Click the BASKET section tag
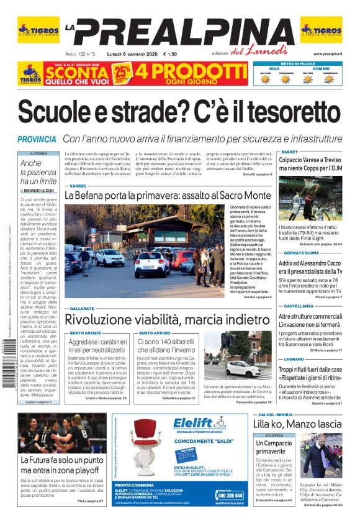point(290,152)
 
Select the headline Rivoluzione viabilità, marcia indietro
point(168,319)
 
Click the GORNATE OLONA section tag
point(301,253)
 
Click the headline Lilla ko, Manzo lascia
point(297,424)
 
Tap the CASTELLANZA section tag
point(299,306)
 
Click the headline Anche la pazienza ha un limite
point(39,172)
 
